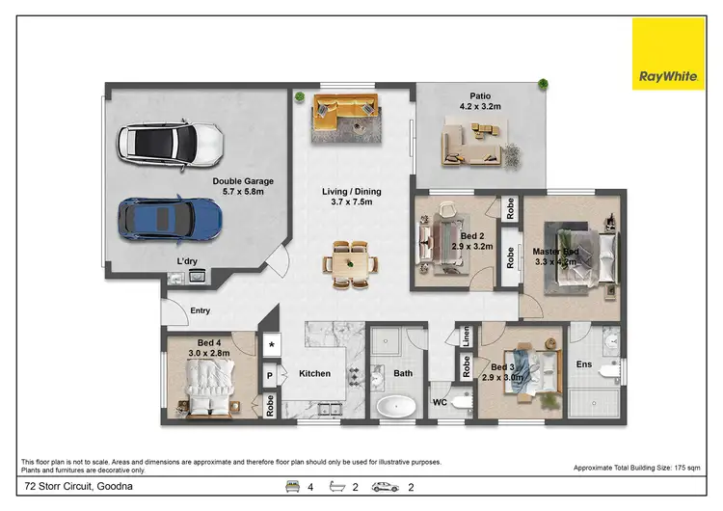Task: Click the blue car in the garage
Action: pos(171,218)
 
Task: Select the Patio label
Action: pos(480,95)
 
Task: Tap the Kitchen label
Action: pos(314,374)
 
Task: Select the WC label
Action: pos(440,402)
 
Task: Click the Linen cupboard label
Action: pos(466,336)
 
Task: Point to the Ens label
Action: pos(584,366)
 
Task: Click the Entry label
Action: pos(201,310)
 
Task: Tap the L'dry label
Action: pos(187,262)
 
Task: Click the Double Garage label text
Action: pos(243,181)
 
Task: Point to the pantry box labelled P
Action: pos(271,373)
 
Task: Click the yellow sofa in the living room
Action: pos(345,121)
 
